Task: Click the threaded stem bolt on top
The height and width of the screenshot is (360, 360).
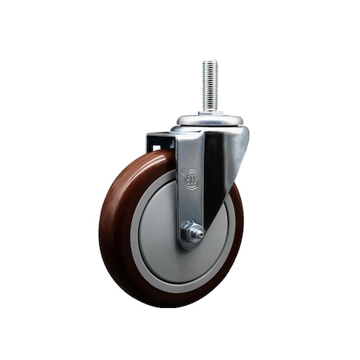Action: [x=210, y=86]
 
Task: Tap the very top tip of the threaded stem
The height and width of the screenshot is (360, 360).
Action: [x=210, y=62]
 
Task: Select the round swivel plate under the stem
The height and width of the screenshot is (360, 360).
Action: [x=210, y=121]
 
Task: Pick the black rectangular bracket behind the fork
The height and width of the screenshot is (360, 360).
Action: [x=160, y=142]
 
